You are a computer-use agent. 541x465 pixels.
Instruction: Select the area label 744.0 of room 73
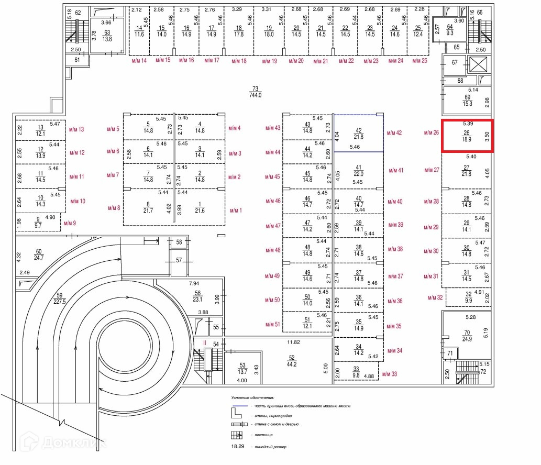(x=256, y=95)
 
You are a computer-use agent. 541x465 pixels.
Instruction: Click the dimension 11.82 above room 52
(x=293, y=342)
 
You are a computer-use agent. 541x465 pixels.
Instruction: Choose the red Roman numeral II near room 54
(x=205, y=343)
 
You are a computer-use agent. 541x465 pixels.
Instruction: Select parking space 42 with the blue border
(x=359, y=134)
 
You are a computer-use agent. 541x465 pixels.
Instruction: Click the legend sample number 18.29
(x=238, y=447)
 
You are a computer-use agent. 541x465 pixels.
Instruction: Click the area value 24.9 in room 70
(x=467, y=339)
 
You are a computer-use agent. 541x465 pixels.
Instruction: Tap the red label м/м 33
(x=389, y=374)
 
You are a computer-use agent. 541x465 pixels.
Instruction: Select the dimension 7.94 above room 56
(x=195, y=283)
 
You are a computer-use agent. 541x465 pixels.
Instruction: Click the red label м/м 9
(x=70, y=224)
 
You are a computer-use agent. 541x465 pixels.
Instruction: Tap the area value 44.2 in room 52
(x=292, y=364)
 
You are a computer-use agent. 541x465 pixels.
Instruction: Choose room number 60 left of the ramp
(x=38, y=251)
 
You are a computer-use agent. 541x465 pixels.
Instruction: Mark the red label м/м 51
(x=273, y=325)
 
